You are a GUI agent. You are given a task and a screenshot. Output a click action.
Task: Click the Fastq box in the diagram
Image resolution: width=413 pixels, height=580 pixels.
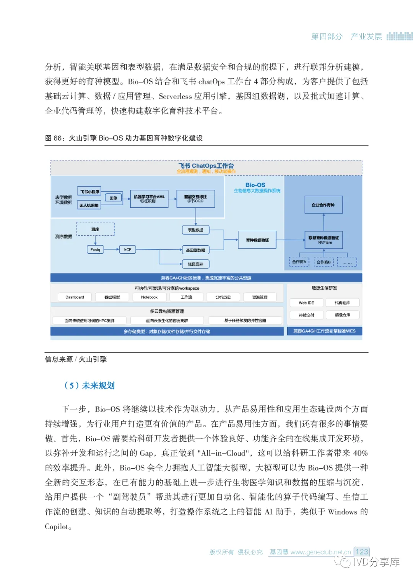tap(95, 249)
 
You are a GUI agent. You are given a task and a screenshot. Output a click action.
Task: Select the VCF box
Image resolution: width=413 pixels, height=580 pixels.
tap(127, 249)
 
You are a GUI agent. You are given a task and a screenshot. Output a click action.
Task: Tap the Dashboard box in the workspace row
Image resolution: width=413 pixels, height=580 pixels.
tap(75, 297)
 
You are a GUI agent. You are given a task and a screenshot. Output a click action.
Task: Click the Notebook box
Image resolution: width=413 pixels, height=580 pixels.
tap(149, 297)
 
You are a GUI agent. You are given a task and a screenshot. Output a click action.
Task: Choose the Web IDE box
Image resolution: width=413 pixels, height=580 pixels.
tap(306, 303)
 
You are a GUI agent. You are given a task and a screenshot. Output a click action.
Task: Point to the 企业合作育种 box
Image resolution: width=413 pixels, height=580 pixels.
tap(323, 205)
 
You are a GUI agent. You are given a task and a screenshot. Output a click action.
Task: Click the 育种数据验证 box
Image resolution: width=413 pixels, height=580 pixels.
tap(257, 240)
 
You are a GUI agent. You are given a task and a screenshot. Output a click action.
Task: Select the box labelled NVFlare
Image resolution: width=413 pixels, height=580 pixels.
tap(324, 240)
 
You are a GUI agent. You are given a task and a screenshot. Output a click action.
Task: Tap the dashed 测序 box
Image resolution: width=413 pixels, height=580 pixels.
tap(95, 229)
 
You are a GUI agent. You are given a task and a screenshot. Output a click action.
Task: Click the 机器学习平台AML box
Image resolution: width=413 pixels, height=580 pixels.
tap(149, 199)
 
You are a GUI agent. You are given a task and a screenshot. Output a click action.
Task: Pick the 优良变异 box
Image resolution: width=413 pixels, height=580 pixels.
tap(195, 264)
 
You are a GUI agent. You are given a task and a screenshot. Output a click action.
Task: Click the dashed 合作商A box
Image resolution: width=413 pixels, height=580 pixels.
tap(299, 262)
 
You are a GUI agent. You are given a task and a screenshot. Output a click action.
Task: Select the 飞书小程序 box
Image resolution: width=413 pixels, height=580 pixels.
tap(89, 191)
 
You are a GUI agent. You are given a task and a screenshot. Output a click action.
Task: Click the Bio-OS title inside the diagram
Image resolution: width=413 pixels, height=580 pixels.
tap(255, 185)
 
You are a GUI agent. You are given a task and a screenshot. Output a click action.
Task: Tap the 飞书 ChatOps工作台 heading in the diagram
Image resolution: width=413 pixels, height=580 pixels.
tap(206, 166)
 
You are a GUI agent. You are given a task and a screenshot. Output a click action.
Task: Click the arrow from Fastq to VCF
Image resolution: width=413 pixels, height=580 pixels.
tap(111, 249)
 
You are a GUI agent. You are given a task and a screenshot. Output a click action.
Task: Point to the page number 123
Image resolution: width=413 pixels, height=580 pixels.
tap(361, 552)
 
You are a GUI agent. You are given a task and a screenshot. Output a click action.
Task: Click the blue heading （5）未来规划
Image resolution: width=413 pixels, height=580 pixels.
tap(89, 385)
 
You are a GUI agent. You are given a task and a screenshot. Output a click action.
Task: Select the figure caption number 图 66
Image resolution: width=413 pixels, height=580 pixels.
tap(54, 138)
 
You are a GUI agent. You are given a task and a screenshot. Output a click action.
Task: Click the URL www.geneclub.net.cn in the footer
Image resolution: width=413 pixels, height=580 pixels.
tap(320, 552)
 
